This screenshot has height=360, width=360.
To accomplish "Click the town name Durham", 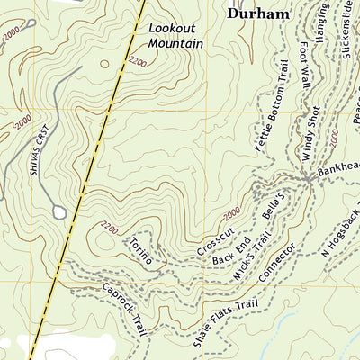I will click(x=258, y=13).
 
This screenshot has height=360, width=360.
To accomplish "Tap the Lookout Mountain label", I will click(x=175, y=36).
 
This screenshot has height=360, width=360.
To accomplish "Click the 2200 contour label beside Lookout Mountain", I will click(x=138, y=62).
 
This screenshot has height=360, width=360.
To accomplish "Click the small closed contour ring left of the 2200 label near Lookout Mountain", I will click(x=105, y=64).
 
